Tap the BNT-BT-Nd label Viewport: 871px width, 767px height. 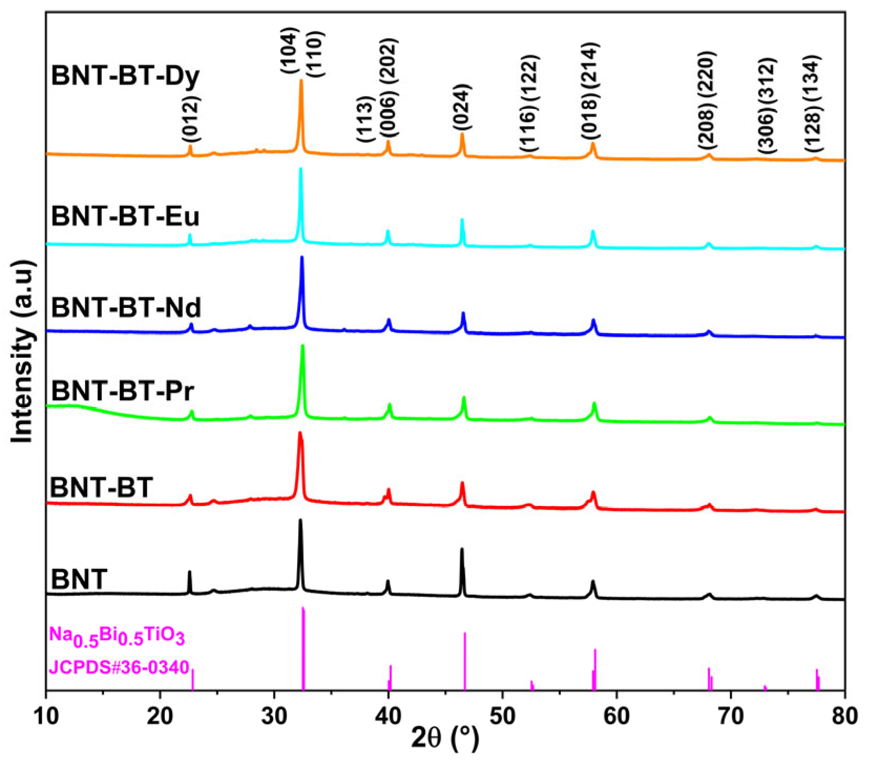pyautogui.click(x=126, y=307)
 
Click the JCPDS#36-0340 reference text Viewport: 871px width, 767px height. pyautogui.click(x=119, y=667)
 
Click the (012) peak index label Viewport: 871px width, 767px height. pyautogui.click(x=190, y=120)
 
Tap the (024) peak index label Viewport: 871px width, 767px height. pyautogui.click(x=462, y=107)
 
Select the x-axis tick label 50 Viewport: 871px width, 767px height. pyautogui.click(x=502, y=716)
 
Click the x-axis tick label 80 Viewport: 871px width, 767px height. pyautogui.click(x=844, y=716)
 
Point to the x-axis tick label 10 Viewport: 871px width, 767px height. pyautogui.click(x=46, y=716)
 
